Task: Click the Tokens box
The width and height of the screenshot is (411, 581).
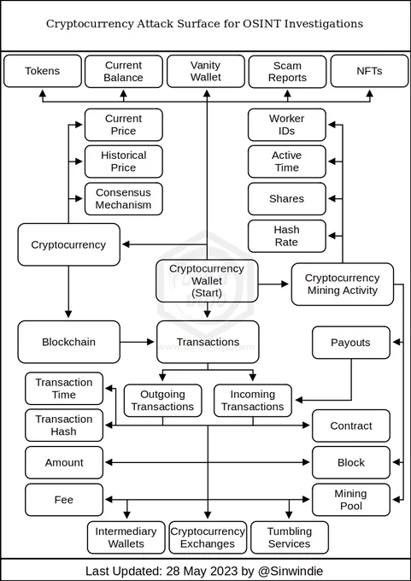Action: pyautogui.click(x=43, y=71)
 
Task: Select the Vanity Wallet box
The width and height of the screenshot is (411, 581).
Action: pyautogui.click(x=206, y=71)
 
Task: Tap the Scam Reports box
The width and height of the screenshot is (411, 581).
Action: pyautogui.click(x=287, y=72)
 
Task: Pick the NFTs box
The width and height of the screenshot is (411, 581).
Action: pyautogui.click(x=369, y=71)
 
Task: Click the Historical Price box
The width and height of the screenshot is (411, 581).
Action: pyautogui.click(x=123, y=161)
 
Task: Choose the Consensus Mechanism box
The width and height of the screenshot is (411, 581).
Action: pyautogui.click(x=123, y=198)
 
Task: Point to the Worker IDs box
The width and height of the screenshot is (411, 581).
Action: pyautogui.click(x=287, y=125)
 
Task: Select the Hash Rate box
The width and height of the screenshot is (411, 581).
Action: pyautogui.click(x=287, y=236)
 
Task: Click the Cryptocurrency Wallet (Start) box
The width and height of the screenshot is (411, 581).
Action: pyautogui.click(x=207, y=281)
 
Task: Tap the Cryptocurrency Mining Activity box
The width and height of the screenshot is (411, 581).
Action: pyautogui.click(x=343, y=285)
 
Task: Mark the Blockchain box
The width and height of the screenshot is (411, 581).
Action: pyautogui.click(x=69, y=342)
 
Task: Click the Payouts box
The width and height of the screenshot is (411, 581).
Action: pyautogui.click(x=351, y=343)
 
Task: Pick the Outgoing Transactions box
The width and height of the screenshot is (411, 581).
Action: pyautogui.click(x=162, y=401)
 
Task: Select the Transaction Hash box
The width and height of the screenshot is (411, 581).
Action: pyautogui.click(x=64, y=425)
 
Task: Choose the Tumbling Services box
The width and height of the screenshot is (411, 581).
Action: pyautogui.click(x=290, y=537)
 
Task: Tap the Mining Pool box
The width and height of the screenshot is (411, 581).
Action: pyautogui.click(x=351, y=500)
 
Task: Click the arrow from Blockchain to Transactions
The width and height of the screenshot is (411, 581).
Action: pyautogui.click(x=137, y=342)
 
